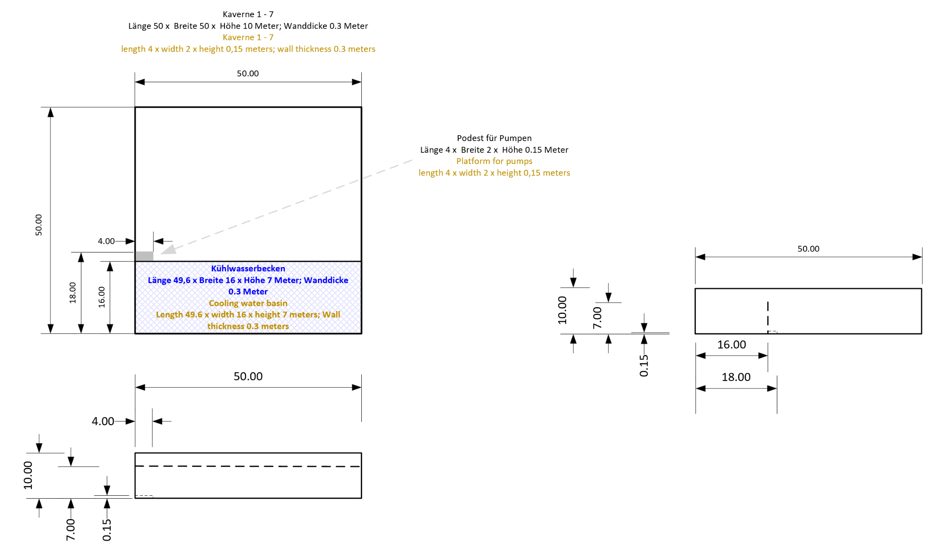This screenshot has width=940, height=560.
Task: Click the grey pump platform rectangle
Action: pos(144,256)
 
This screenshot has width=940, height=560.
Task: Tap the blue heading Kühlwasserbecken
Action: pos(248,268)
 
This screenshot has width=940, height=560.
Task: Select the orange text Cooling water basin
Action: pos(248,303)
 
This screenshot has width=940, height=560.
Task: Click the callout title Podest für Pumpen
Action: pos(494,138)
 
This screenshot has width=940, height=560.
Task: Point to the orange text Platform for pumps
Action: pos(494,161)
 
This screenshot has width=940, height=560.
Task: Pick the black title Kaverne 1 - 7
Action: pos(248,14)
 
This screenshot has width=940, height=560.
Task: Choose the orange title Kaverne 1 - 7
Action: pos(248,37)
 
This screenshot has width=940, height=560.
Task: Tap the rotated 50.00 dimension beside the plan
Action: pos(38,225)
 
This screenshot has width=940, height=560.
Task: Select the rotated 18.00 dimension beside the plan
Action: pos(73,293)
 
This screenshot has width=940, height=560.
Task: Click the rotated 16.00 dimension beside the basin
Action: pos(101,297)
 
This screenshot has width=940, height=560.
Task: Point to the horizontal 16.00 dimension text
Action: pos(731,345)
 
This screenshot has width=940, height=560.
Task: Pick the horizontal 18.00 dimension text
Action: pos(736,377)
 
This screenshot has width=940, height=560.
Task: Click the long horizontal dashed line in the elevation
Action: pos(248,466)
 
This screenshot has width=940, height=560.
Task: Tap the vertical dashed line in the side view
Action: pos(768,316)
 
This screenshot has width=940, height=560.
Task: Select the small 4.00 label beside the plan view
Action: pos(106,241)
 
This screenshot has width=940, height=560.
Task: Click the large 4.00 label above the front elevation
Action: pos(103,421)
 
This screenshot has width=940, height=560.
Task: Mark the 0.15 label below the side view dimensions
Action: pos(644,366)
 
